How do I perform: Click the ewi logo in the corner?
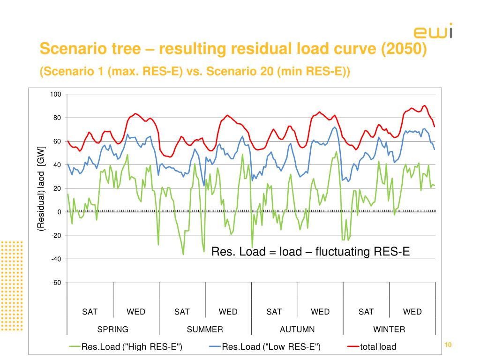433,31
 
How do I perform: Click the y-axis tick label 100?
56,94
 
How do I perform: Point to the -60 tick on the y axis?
56,282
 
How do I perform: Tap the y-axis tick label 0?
60,212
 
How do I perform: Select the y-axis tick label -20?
56,235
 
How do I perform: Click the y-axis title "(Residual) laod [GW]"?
41,188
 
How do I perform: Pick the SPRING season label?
112,329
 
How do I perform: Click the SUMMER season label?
205,329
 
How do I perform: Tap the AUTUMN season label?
297,329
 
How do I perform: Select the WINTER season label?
389,329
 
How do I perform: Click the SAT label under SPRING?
90,312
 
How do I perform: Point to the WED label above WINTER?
412,312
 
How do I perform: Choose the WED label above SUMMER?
228,312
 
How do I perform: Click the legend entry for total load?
378,347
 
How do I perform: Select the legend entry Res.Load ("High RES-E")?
132,347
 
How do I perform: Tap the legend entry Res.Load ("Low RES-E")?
271,347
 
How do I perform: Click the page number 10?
447,345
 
